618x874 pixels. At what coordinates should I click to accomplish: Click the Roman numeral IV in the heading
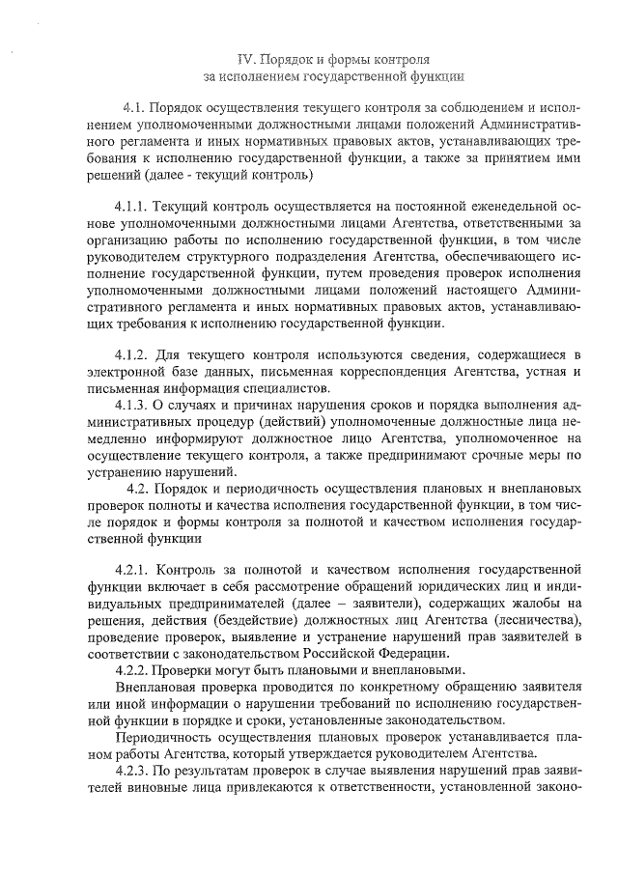coord(245,60)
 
